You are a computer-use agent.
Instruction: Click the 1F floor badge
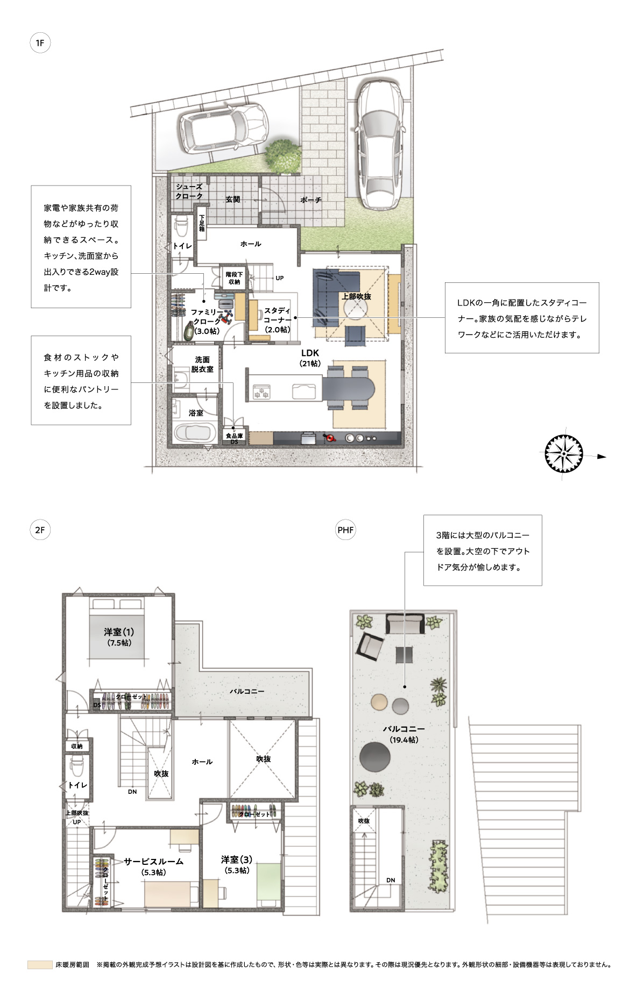(x=40, y=42)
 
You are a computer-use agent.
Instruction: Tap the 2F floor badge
(x=40, y=530)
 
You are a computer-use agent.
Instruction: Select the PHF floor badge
(x=345, y=530)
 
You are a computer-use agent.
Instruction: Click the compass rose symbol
(x=563, y=454)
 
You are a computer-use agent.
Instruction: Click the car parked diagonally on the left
(x=223, y=127)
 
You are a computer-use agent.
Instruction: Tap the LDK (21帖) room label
(x=310, y=358)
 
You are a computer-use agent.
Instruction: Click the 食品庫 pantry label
(x=234, y=436)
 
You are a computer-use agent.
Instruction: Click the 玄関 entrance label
(x=232, y=199)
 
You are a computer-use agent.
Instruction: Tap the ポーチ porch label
(x=310, y=200)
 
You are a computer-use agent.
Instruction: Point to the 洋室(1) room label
(x=119, y=637)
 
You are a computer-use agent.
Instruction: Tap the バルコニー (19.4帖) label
(x=404, y=734)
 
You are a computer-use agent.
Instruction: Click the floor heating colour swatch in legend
(x=40, y=965)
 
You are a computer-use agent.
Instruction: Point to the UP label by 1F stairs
(x=280, y=278)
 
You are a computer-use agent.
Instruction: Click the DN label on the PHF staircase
(x=391, y=880)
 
